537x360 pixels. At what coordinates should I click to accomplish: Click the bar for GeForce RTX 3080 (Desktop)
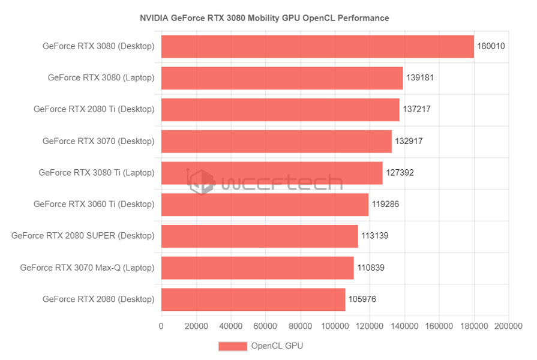point(317,46)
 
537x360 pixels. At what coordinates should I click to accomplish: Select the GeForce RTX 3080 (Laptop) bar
point(282,78)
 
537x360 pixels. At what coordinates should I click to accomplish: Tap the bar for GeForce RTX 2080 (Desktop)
point(253,299)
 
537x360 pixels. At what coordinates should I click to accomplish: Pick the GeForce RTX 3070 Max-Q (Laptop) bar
point(257,268)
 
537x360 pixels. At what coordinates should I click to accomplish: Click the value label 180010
point(491,46)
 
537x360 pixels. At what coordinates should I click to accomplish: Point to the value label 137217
point(416,109)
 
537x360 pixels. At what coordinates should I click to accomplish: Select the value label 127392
point(400,173)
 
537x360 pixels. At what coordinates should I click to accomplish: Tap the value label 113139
point(375,236)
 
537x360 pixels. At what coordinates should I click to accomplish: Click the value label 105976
point(362,299)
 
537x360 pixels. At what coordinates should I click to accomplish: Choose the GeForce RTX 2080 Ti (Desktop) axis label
point(94,109)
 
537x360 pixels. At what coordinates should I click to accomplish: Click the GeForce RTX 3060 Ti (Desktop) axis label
point(94,204)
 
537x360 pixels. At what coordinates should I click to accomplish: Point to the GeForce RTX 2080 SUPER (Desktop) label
point(83,236)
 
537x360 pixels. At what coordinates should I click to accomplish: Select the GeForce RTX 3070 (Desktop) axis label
point(98,141)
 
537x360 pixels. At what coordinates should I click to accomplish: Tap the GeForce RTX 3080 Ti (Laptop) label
point(97,173)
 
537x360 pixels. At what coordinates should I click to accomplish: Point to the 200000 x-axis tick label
point(508,326)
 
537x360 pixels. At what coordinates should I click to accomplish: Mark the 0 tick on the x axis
point(161,326)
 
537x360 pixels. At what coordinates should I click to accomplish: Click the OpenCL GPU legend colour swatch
point(233,346)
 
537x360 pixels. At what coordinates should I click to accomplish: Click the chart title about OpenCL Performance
point(265,18)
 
